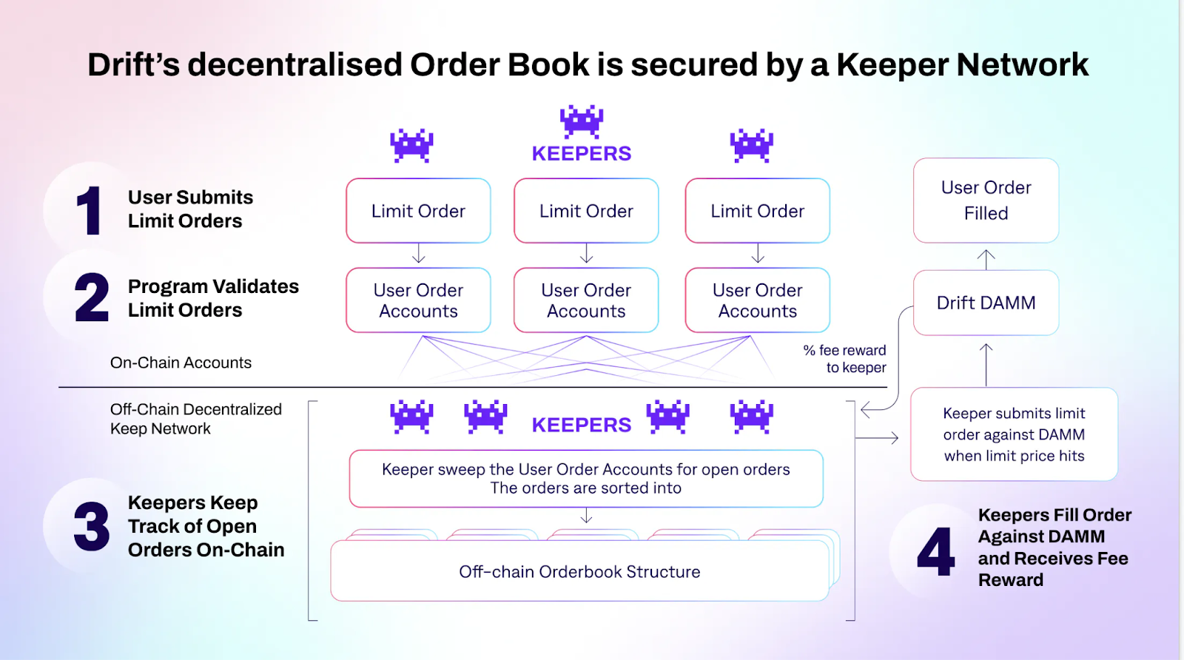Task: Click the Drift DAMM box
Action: click(x=986, y=303)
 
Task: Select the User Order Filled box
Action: click(x=986, y=201)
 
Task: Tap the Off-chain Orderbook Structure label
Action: click(x=579, y=572)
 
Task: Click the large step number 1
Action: click(x=90, y=211)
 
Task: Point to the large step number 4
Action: click(x=935, y=551)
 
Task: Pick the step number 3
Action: click(x=92, y=527)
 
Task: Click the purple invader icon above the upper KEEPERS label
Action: click(x=582, y=121)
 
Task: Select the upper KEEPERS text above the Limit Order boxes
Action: click(x=582, y=154)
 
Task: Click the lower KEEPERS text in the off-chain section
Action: click(x=582, y=425)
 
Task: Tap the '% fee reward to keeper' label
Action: click(x=846, y=359)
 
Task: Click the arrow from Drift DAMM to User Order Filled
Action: click(x=986, y=259)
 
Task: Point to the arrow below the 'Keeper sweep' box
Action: click(x=586, y=516)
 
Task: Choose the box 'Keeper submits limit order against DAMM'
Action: click(x=1014, y=434)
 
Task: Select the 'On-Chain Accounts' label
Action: click(x=181, y=363)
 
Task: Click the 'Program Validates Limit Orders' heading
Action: click(x=213, y=298)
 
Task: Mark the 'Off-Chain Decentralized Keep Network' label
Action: click(x=195, y=419)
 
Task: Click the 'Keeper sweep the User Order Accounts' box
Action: click(x=586, y=479)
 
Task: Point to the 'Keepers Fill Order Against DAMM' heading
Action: click(x=1054, y=547)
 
